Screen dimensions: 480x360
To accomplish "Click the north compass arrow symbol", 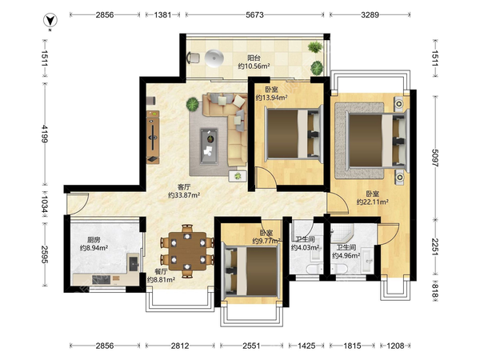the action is [x=50, y=21].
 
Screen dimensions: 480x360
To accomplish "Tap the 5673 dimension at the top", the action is [x=254, y=14].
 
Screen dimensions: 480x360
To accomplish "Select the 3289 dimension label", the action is [x=370, y=14].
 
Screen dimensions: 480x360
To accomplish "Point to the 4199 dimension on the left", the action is [x=44, y=134].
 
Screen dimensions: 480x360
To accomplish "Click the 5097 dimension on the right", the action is [x=434, y=158].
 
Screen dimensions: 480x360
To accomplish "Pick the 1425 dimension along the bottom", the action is [x=306, y=346].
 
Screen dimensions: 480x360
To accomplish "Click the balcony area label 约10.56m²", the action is [x=254, y=66].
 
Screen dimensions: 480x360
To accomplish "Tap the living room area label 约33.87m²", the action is [x=184, y=195].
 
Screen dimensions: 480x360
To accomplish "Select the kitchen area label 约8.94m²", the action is [x=94, y=248].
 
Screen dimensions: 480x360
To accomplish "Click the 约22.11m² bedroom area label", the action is [x=373, y=202].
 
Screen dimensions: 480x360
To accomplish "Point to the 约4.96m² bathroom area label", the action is [x=346, y=255].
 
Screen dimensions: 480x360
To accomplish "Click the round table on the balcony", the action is [x=214, y=58].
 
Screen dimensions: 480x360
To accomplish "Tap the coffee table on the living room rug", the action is [x=209, y=146].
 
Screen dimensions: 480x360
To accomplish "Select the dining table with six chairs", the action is [x=187, y=251].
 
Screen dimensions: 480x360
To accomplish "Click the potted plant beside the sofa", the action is [x=193, y=104].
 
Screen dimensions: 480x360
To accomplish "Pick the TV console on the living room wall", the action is [x=153, y=137].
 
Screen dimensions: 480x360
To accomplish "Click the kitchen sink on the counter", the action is [x=134, y=263].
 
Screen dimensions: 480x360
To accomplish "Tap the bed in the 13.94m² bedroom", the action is [x=294, y=134].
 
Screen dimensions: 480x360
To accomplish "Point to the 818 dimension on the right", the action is [x=434, y=290].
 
